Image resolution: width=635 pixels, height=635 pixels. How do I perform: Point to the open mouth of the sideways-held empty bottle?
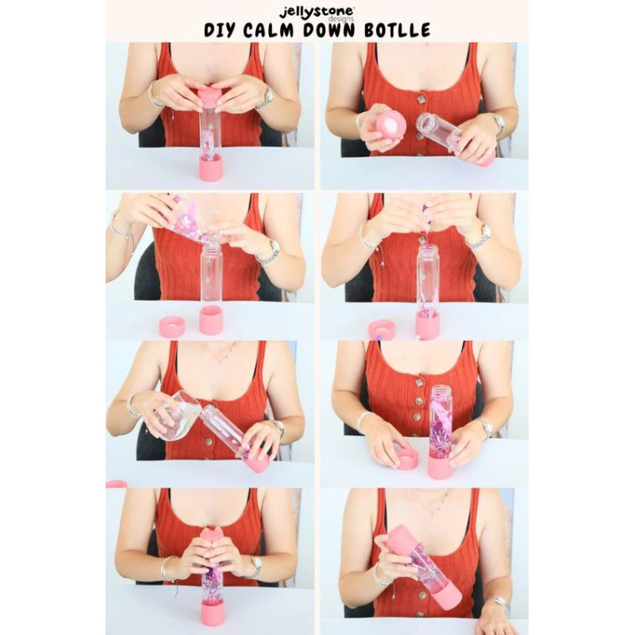point(427,122)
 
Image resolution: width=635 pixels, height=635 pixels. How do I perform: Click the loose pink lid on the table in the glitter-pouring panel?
point(172,326)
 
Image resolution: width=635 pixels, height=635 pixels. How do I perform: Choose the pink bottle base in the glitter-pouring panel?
point(211,320)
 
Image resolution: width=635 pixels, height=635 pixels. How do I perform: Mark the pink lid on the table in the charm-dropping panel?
point(380,329)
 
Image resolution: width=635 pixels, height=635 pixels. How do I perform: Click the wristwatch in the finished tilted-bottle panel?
point(499,602)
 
